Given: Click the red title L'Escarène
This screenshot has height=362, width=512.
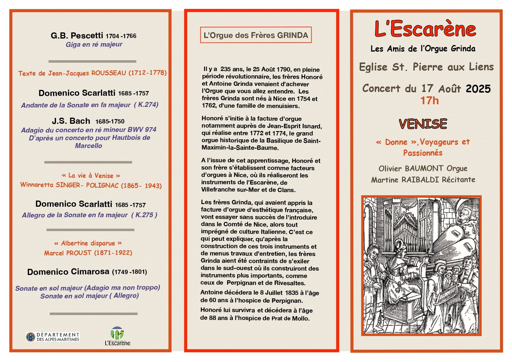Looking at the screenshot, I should [425, 29].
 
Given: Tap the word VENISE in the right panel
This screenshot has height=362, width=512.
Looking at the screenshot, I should [423, 124].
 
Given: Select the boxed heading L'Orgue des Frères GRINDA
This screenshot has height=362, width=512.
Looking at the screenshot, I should [256, 35].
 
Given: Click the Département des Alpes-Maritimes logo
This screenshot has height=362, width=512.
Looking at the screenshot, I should [53, 337].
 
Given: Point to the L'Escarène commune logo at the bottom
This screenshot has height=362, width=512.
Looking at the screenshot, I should [118, 336].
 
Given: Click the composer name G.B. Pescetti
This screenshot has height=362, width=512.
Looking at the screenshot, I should [77, 36].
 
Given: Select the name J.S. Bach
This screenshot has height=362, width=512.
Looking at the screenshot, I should [71, 121].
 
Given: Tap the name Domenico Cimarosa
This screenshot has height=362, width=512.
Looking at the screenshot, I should [68, 272].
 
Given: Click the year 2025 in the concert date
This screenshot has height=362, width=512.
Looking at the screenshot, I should [478, 89].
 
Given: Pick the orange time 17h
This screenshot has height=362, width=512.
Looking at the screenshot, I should [429, 101].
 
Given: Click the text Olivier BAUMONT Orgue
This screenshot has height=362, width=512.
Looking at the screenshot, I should [423, 168].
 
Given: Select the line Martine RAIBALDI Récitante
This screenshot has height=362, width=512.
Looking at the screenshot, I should [423, 180].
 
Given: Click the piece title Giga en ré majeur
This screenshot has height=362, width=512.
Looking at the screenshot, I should [94, 44].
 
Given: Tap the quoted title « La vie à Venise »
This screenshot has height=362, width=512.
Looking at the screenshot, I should [91, 175].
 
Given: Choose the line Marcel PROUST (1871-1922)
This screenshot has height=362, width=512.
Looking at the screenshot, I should [88, 253].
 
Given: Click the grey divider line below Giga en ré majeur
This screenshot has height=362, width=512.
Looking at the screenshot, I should [92, 61].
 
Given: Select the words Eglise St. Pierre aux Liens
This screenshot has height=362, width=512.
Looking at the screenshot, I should [426, 67].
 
